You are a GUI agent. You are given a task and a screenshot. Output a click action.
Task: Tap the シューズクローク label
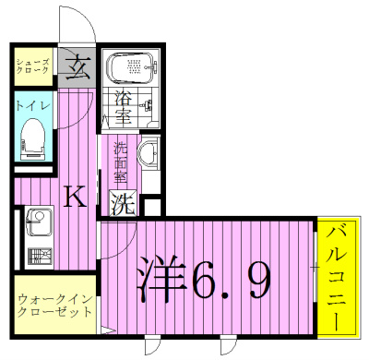click(32, 66)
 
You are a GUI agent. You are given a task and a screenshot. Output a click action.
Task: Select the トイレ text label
click(33, 106)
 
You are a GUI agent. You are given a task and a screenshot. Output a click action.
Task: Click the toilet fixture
click(33, 139)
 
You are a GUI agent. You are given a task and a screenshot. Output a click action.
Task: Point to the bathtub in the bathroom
click(129, 67)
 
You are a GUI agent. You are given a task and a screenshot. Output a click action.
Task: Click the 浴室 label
click(123, 107)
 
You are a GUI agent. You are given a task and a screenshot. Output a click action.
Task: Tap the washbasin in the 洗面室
click(149, 152)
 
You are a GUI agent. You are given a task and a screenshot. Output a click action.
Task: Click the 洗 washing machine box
click(124, 203)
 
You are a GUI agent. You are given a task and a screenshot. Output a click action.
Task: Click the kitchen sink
click(39, 222)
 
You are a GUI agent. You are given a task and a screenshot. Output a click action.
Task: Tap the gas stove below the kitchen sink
click(41, 256)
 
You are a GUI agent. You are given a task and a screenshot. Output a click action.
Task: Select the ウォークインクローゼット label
click(55, 306)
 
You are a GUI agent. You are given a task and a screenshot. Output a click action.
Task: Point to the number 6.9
click(231, 279)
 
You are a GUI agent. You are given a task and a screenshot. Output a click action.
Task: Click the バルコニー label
click(337, 279)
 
